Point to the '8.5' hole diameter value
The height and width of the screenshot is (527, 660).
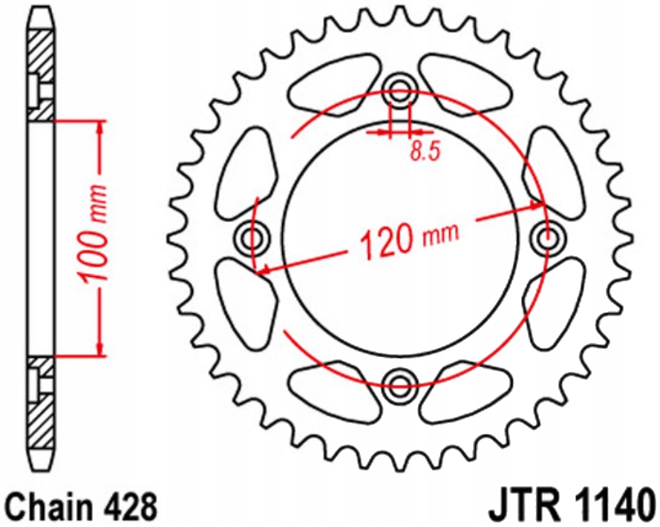[x=425, y=152]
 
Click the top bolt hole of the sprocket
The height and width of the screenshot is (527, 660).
[x=400, y=94]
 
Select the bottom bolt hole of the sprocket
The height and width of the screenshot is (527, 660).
[x=400, y=384]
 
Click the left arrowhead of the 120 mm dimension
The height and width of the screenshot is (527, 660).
[x=261, y=271]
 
